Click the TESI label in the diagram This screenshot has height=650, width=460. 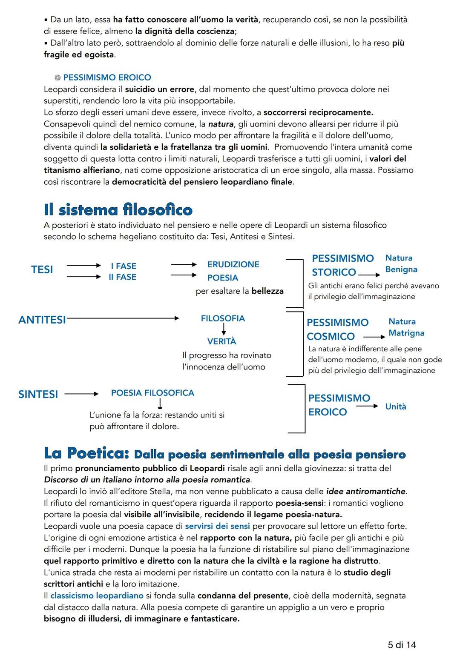pos(42,269)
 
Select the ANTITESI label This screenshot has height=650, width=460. pos(42,320)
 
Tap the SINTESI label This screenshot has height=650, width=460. pos(38,394)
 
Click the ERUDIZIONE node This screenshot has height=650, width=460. pos(233,264)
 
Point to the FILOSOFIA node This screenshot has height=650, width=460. pos(223,318)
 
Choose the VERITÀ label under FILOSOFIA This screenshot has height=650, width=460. pos(221,341)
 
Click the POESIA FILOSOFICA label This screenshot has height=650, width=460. pos(152,393)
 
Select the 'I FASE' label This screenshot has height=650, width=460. pos(124,266)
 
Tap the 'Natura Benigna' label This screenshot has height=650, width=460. pos(401,263)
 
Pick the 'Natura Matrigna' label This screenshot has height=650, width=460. pos(406,327)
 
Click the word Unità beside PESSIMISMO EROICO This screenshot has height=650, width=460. pos(396,407)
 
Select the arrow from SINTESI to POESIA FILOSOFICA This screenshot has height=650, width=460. pos(81,394)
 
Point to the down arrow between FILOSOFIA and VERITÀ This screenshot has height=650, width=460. pos(223,329)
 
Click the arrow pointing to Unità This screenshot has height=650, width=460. pos(367,406)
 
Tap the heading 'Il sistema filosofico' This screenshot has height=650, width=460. pos(118,210)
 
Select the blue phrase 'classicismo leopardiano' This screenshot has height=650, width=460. pos(97,596)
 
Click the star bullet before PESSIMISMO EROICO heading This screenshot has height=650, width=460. pos(57,77)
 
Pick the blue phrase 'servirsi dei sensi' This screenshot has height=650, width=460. pos(217,526)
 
